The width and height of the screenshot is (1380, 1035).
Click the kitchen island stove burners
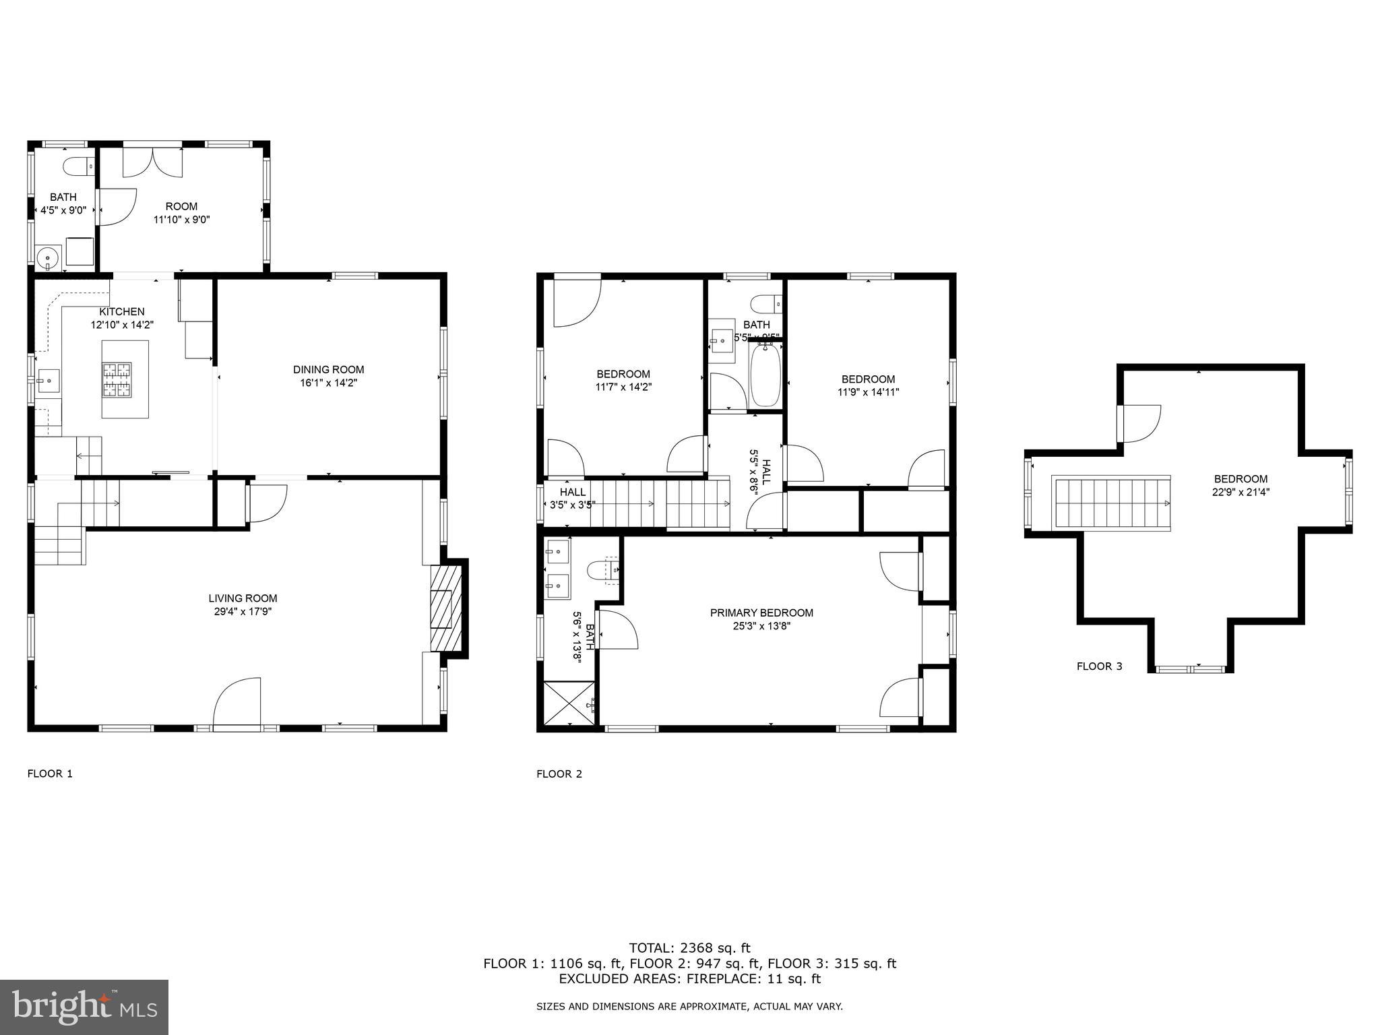pos(117,379)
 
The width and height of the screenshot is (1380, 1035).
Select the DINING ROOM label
pos(328,369)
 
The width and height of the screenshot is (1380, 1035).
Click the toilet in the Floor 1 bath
pos(78,165)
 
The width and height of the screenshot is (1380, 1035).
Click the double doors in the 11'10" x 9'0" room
pos(153,162)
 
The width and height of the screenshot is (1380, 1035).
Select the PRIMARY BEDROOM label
pos(761,613)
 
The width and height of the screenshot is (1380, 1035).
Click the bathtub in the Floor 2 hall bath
pos(765,376)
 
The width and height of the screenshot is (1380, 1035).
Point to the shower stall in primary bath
pos(569,703)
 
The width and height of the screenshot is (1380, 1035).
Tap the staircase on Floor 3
pos(1111,503)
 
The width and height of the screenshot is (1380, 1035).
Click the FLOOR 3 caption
pos(1099,666)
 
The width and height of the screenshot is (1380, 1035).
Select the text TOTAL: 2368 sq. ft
pos(689,948)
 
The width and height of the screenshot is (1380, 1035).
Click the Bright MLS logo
pos(84,1007)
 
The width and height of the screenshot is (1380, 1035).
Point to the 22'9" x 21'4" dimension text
pos(1241,492)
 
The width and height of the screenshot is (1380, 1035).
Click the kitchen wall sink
pos(48,381)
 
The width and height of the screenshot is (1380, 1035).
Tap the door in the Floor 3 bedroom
pos(1139,423)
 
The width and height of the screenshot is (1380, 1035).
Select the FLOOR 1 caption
pos(50,774)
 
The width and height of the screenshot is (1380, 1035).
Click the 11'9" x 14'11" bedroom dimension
pos(868,392)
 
